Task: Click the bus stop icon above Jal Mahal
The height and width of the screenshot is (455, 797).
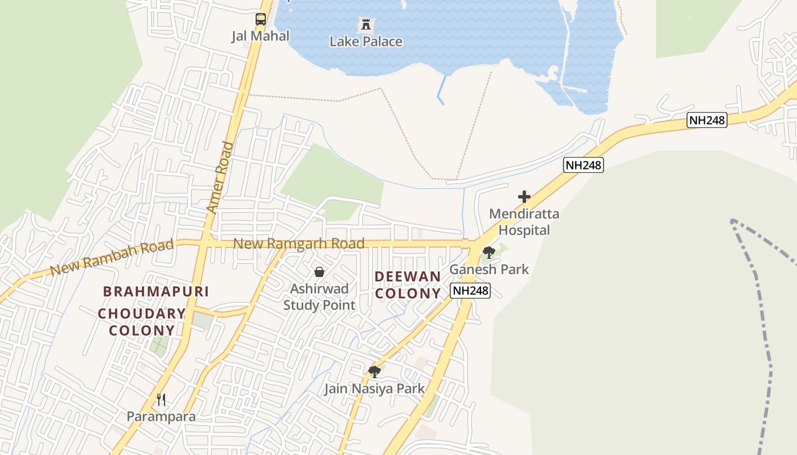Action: point(261,19)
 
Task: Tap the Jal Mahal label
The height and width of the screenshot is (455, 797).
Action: point(260,36)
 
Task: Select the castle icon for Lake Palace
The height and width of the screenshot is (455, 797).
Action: point(365,25)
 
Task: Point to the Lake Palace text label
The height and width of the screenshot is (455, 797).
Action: point(365,42)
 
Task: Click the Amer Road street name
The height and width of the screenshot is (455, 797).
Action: point(220,177)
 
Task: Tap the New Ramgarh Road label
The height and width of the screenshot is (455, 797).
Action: point(299,244)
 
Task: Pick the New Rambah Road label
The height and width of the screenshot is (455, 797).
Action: point(112,258)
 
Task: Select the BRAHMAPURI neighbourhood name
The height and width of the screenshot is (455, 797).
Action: point(155,292)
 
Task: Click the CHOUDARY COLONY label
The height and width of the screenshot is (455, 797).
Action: point(142,322)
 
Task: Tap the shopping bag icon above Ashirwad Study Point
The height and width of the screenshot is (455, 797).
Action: point(319,272)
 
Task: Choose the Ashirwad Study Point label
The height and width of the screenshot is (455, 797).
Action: point(319,297)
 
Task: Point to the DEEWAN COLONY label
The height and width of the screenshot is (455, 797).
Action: point(408,285)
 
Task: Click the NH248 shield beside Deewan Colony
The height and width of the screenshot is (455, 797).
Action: point(470,291)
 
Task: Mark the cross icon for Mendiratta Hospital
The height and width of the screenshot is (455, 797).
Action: point(524,197)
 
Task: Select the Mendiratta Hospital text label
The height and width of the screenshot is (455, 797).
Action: point(524,222)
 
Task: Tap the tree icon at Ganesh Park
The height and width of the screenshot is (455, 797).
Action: point(488,253)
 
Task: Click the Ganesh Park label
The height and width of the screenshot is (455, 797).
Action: point(489,269)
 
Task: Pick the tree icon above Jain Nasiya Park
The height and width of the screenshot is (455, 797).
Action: point(374,372)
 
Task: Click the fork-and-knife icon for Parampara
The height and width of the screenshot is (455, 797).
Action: point(161,400)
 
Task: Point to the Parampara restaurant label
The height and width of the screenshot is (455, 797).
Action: point(161,416)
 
